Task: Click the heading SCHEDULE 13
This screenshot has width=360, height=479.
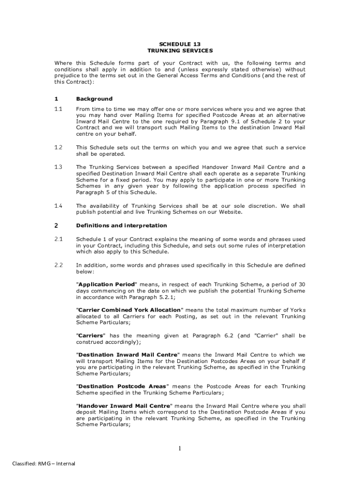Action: click(180, 44)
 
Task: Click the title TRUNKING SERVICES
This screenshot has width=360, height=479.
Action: click(180, 50)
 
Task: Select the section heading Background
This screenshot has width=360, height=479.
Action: click(94, 99)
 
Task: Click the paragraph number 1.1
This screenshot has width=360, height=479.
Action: click(58, 109)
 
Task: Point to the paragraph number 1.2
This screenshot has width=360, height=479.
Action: click(58, 147)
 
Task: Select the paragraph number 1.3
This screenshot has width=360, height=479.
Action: click(58, 167)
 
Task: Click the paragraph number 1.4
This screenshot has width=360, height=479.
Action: click(58, 206)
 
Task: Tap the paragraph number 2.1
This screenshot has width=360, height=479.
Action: click(58, 239)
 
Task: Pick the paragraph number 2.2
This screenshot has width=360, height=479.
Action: click(58, 265)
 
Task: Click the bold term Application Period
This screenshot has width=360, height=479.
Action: click(107, 284)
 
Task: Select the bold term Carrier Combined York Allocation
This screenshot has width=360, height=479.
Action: click(129, 310)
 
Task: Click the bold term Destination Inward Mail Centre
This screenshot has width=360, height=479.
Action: click(128, 355)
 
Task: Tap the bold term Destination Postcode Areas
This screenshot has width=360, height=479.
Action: click(122, 386)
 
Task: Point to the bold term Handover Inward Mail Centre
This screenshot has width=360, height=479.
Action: click(124, 406)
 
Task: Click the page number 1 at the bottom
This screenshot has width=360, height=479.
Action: click(179, 449)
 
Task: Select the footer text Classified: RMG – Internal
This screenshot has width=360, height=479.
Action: click(43, 464)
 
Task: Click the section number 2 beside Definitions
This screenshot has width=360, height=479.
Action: click(56, 225)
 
